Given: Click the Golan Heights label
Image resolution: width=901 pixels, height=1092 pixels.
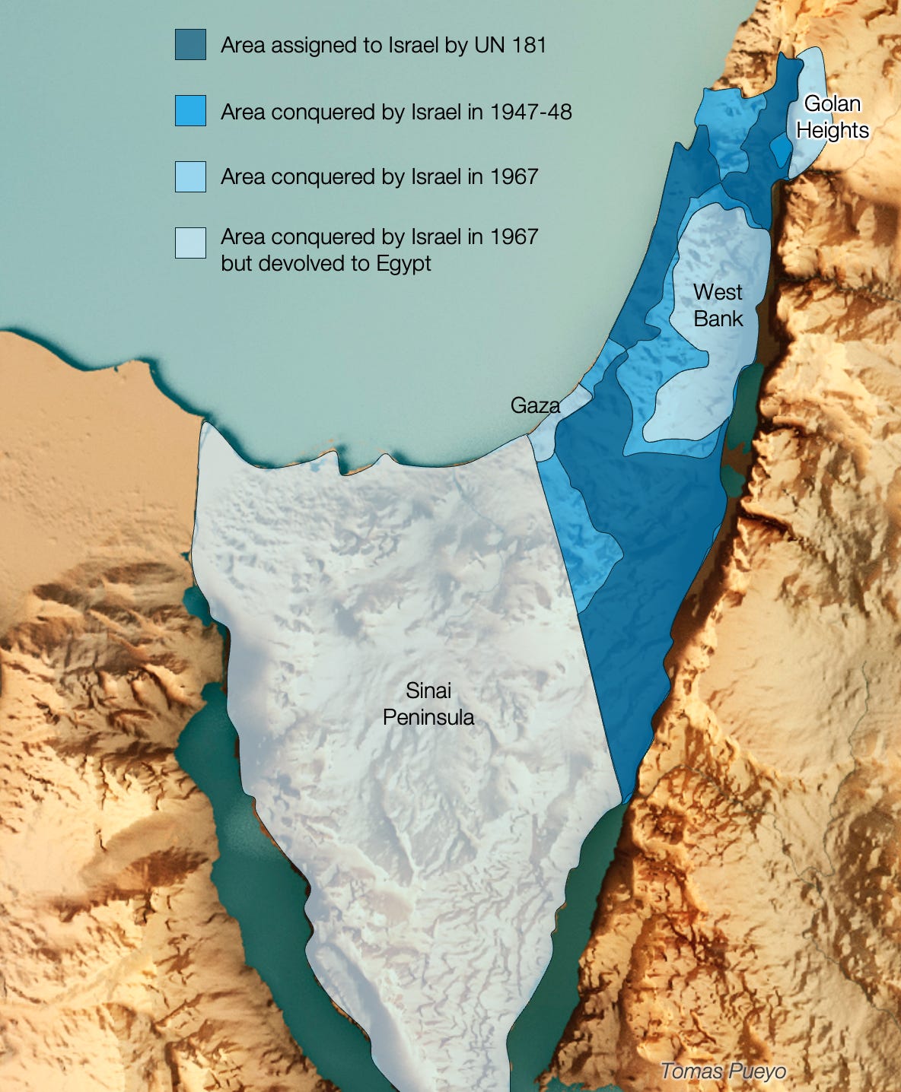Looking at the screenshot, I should (x=833, y=117).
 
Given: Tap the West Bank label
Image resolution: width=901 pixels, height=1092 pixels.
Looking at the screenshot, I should (x=718, y=305).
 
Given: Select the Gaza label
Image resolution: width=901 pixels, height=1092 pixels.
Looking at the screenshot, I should (x=535, y=405).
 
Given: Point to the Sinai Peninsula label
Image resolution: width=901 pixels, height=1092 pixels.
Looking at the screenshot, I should (x=428, y=703).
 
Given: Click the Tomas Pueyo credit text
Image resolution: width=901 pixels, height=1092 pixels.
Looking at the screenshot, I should (x=723, y=1071).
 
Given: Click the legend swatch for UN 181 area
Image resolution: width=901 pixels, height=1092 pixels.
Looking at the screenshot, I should (x=190, y=45).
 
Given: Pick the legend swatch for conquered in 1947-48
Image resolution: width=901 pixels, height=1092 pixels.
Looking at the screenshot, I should (x=190, y=111).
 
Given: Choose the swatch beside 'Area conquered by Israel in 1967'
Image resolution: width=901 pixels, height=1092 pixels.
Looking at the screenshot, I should (x=190, y=176).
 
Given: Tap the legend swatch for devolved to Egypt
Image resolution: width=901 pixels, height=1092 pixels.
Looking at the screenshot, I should (x=190, y=243).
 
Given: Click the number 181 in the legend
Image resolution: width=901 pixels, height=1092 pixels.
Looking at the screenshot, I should (x=529, y=45).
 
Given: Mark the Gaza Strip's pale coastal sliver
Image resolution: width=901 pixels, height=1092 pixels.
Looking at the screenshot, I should (x=559, y=423).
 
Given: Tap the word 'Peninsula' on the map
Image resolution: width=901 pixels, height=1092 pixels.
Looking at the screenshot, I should (x=428, y=717).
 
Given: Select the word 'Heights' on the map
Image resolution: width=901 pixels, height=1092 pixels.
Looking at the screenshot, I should (x=833, y=131).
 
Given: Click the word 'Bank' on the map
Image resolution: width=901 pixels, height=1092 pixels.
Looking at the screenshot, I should (x=718, y=319).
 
